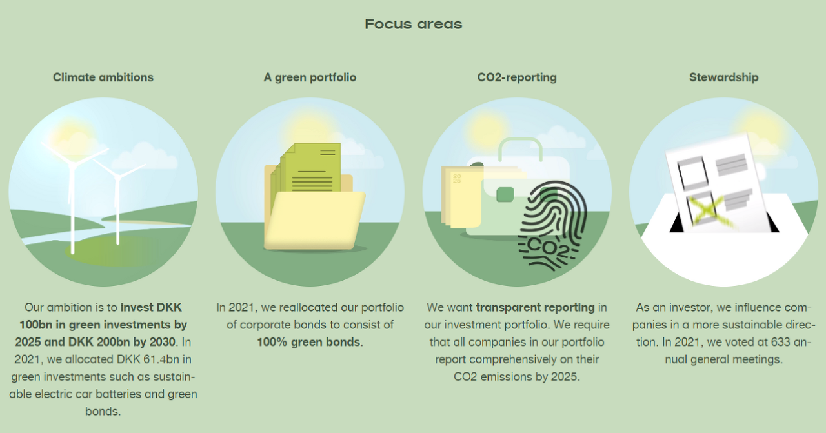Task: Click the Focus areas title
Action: (414, 25)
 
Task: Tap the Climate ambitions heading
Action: (103, 77)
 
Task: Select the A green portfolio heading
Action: (310, 77)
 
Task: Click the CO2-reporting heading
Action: (517, 77)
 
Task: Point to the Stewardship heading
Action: (723, 77)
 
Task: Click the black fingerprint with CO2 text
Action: (551, 226)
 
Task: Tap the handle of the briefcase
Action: (520, 149)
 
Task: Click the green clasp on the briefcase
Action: (505, 194)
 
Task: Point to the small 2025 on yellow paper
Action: (457, 179)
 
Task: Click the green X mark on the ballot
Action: (707, 211)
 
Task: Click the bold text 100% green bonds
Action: (308, 342)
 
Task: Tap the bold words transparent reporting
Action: (535, 308)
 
